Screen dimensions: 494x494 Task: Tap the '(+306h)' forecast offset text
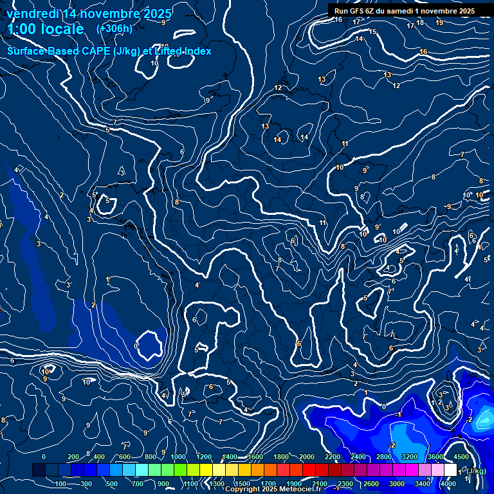pos(114,28)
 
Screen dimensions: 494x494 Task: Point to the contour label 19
pos(439,23)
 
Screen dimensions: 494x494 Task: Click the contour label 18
pos(420,23)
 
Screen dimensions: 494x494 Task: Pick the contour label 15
pos(372,32)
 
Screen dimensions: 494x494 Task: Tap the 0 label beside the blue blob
pos(136,346)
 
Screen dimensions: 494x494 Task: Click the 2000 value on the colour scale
pos(307,457)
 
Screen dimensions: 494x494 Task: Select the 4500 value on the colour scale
pos(461,457)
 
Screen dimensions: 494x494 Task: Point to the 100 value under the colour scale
pos(60,484)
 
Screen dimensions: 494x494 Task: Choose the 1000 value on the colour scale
pos(178,457)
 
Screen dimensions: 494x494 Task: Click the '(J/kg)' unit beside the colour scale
pos(476,471)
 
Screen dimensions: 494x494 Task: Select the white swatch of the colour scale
pos(450,470)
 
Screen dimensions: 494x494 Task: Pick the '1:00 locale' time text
pos(46,29)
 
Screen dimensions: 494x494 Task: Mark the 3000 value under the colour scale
pos(397,484)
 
